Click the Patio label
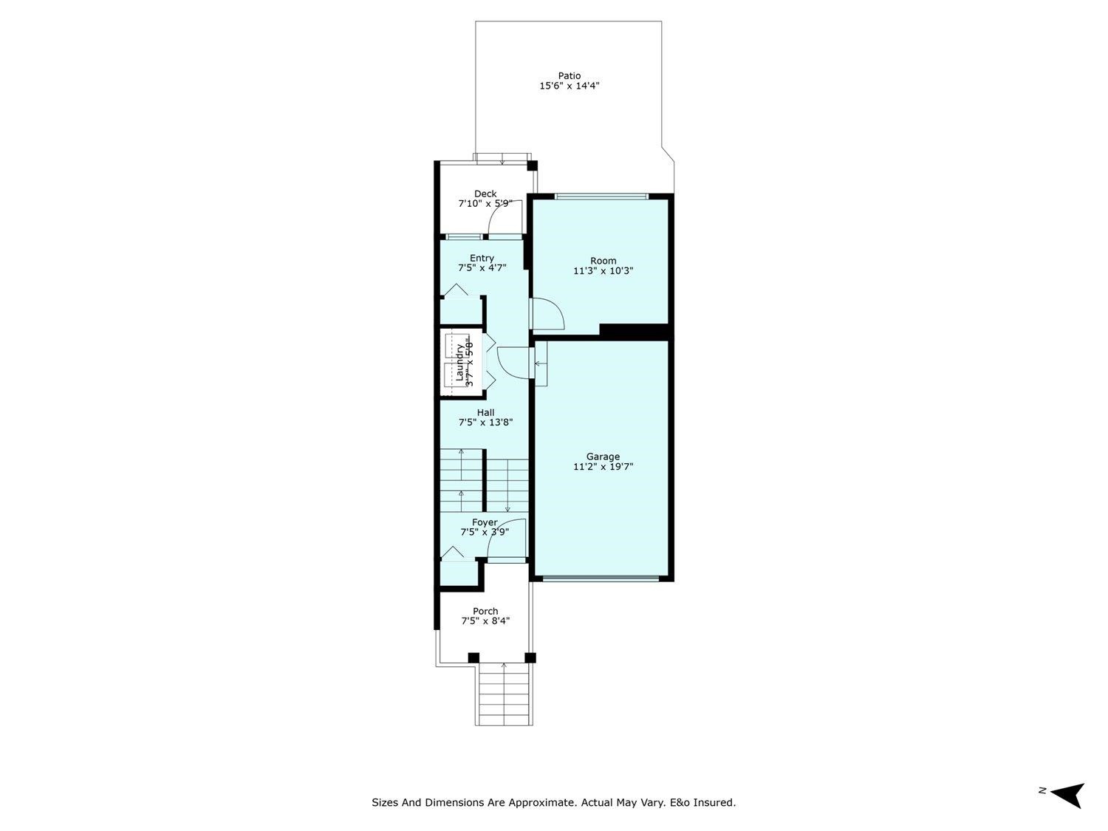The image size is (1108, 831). pos(569,75)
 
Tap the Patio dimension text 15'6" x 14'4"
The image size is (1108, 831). pos(569,86)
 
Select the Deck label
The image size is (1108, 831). pos(485,194)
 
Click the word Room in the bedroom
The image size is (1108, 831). pos(603,261)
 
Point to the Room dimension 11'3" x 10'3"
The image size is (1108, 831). pos(603,271)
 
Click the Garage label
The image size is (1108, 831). pos(603,456)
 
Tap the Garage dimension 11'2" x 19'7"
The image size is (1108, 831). pos(603,467)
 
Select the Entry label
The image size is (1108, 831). pos(482,258)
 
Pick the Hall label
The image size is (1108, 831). pos(485,412)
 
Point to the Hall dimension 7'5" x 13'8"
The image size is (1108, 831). pos(485,423)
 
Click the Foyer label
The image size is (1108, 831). pos(485,522)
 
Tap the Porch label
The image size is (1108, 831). pos(485,611)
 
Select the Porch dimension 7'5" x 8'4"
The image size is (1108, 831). pos(485,621)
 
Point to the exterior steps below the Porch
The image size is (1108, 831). pos(505,694)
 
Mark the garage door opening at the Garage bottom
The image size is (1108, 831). pos(600,578)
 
